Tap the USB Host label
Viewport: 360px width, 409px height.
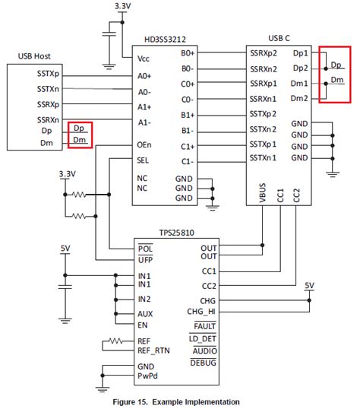[x=35, y=55]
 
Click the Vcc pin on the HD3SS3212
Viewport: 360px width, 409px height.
[x=144, y=58]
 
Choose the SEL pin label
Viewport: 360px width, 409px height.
[x=144, y=160]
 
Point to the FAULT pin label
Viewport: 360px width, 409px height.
[x=201, y=325]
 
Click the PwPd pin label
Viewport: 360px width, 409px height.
[x=148, y=376]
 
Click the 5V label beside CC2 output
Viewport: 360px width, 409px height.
[x=308, y=286]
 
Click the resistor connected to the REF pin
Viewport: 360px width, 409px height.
[x=117, y=341]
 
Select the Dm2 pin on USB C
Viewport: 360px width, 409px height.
[x=300, y=98]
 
